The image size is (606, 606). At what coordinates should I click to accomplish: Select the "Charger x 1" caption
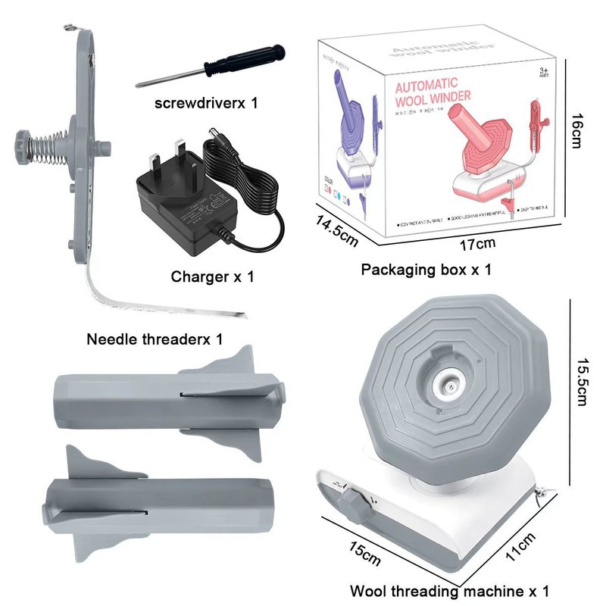pos(213,276)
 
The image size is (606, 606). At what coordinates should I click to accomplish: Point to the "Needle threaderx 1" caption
pos(155,339)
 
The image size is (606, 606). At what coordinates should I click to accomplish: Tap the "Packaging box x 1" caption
pos(426,269)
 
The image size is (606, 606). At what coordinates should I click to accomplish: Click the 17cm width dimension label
pos(478,244)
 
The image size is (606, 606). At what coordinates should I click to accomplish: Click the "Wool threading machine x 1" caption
pos(449,591)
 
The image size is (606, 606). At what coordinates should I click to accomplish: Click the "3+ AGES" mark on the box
pos(543,73)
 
